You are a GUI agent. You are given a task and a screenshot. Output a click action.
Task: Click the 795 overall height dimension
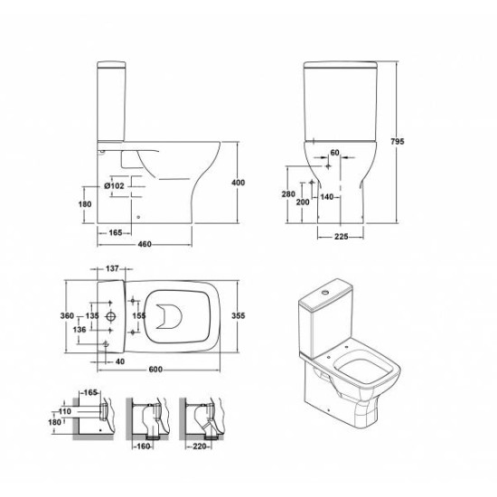pyautogui.click(x=398, y=141)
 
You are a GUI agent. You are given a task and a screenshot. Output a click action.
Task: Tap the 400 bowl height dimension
pyautogui.click(x=238, y=183)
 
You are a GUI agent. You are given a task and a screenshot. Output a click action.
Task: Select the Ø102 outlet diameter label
pyautogui.click(x=114, y=186)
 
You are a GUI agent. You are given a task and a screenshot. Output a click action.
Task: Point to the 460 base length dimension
pyautogui.click(x=145, y=244)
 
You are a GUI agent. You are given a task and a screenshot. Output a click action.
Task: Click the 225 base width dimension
pyautogui.click(x=341, y=237)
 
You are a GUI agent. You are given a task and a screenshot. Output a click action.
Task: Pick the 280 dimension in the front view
pyautogui.click(x=288, y=194)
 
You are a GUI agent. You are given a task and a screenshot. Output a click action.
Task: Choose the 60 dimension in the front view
pyautogui.click(x=334, y=153)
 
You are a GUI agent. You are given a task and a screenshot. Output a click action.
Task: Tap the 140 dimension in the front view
pyautogui.click(x=326, y=197)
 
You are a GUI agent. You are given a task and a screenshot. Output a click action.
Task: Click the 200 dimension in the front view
pyautogui.click(x=303, y=202)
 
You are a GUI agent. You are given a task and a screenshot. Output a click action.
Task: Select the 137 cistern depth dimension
pyautogui.click(x=112, y=268)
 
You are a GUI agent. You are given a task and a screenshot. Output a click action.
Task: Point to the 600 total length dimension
pyautogui.click(x=155, y=370)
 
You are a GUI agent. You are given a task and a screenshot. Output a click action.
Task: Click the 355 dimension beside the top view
pyautogui.click(x=238, y=315)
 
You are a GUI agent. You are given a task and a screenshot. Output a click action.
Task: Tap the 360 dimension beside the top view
pyautogui.click(x=67, y=315)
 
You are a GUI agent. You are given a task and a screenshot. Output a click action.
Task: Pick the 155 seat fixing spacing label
pyautogui.click(x=139, y=315)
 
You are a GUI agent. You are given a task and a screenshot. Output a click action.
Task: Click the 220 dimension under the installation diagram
pyautogui.click(x=200, y=446)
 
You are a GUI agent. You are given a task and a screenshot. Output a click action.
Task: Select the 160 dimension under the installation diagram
pyautogui.click(x=144, y=446)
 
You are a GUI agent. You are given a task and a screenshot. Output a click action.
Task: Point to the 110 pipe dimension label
pyautogui.click(x=65, y=411)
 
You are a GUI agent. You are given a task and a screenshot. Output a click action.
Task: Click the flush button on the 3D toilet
pyautogui.click(x=324, y=292)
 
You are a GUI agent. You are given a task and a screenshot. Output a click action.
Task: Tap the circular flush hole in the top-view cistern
pyautogui.click(x=110, y=316)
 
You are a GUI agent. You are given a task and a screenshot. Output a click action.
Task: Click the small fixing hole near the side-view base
pyautogui.click(x=138, y=217)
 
